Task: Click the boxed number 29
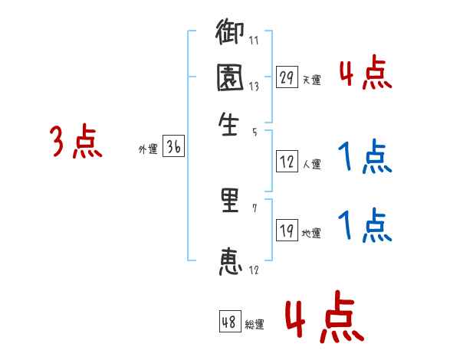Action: [287, 77]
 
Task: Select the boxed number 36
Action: [173, 148]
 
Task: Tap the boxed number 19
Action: [287, 231]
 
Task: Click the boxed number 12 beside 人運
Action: [287, 162]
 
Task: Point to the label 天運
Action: [311, 79]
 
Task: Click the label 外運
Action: [147, 149]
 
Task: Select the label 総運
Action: [254, 324]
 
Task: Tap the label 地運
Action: [311, 233]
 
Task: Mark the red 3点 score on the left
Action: [76, 142]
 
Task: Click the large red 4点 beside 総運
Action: [324, 316]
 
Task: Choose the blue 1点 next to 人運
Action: [364, 158]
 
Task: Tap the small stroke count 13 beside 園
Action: [254, 87]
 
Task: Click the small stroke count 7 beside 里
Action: [255, 208]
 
